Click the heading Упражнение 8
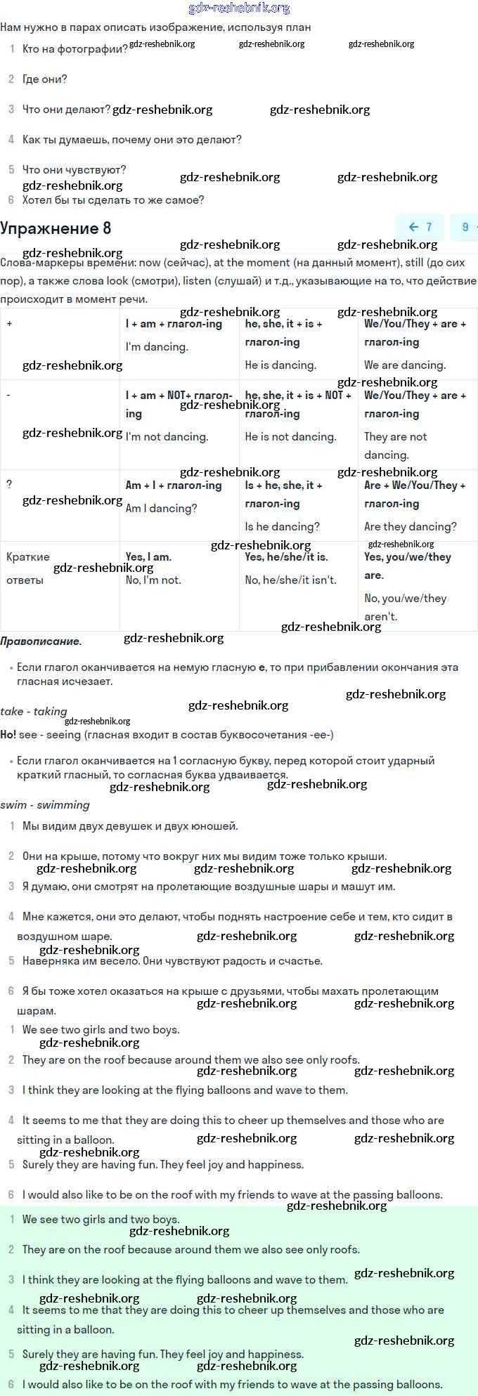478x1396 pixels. [x=56, y=228]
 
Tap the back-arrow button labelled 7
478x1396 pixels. [x=420, y=227]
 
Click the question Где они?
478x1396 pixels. [x=45, y=79]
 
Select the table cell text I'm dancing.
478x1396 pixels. [x=157, y=346]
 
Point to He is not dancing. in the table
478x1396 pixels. [x=290, y=436]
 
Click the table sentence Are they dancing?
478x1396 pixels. [x=410, y=526]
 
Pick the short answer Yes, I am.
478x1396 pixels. [x=148, y=557]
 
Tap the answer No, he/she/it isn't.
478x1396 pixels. [x=290, y=580]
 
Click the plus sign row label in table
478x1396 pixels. [x=10, y=324]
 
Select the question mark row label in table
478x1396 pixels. [x=9, y=485]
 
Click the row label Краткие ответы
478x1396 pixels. [x=28, y=568]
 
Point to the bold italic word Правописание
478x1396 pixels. [x=41, y=641]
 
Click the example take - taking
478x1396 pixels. [x=34, y=711]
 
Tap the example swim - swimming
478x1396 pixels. [x=45, y=804]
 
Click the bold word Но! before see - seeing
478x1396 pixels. [x=8, y=734]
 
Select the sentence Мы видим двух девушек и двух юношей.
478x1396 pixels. [x=130, y=826]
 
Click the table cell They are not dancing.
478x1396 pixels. [x=395, y=445]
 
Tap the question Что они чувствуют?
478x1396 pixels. [x=75, y=169]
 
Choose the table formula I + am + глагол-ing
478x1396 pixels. [x=174, y=324]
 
